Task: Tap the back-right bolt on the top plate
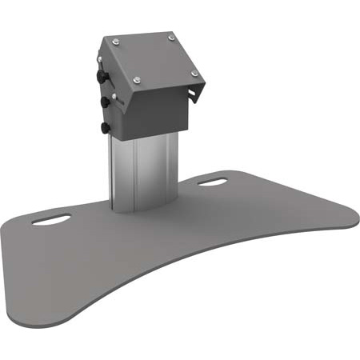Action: point(170,36)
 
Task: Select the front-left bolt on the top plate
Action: point(136,78)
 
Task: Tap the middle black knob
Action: point(104,102)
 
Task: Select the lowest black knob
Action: point(105,126)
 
